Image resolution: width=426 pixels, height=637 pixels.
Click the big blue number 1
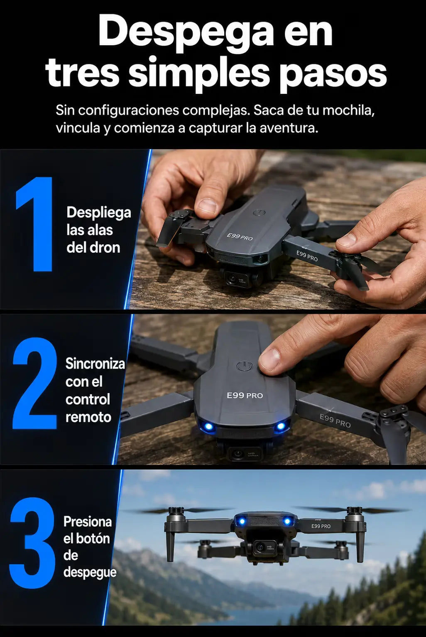pyautogui.click(x=35, y=224)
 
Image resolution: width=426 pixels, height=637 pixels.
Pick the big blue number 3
pyautogui.click(x=32, y=543)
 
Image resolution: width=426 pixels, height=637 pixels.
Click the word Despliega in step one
pyautogui.click(x=99, y=213)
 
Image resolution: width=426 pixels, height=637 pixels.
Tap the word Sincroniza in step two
pyautogui.click(x=95, y=364)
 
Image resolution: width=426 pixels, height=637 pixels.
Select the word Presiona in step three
pyautogui.click(x=88, y=522)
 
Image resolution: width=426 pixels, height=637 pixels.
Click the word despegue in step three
pyautogui.click(x=90, y=573)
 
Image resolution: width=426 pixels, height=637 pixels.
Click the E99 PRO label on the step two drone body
pyautogui.click(x=245, y=395)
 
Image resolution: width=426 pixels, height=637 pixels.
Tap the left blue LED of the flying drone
pyautogui.click(x=242, y=521)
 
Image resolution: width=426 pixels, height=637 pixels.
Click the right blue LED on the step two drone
pyautogui.click(x=281, y=426)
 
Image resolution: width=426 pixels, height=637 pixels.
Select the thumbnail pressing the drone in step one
pyautogui.click(x=207, y=206)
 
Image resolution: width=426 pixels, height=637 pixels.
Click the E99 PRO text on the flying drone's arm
pyautogui.click(x=321, y=526)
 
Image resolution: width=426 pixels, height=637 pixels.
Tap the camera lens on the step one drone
pyautogui.click(x=233, y=279)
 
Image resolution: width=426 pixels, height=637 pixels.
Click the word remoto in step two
pyautogui.click(x=88, y=417)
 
